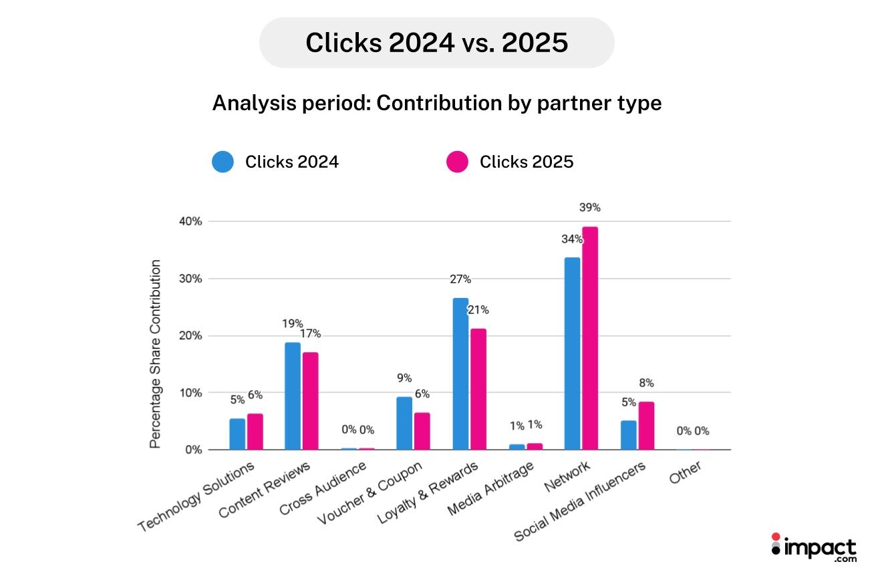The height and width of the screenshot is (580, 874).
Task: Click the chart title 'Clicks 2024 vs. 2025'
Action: pyautogui.click(x=436, y=43)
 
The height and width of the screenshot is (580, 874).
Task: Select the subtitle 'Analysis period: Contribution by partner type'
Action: pyautogui.click(x=436, y=104)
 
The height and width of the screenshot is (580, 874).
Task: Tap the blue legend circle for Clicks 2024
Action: pyautogui.click(x=223, y=162)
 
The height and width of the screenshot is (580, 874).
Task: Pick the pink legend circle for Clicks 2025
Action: pyautogui.click(x=457, y=162)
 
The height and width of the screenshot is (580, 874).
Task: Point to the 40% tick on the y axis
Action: pyautogui.click(x=189, y=221)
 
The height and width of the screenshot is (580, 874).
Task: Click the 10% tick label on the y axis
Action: pyautogui.click(x=189, y=393)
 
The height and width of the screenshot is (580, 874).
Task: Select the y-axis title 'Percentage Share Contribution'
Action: pyautogui.click(x=156, y=354)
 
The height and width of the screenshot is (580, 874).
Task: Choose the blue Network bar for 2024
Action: pyautogui.click(x=572, y=353)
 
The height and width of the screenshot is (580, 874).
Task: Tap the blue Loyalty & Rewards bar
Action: pyautogui.click(x=460, y=374)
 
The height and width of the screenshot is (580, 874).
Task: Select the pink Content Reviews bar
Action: pyautogui.click(x=310, y=401)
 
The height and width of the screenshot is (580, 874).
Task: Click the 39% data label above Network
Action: pyautogui.click(x=589, y=208)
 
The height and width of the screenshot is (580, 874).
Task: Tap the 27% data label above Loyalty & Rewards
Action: pyautogui.click(x=460, y=279)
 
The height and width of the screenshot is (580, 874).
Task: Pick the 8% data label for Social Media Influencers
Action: pyautogui.click(x=646, y=383)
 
